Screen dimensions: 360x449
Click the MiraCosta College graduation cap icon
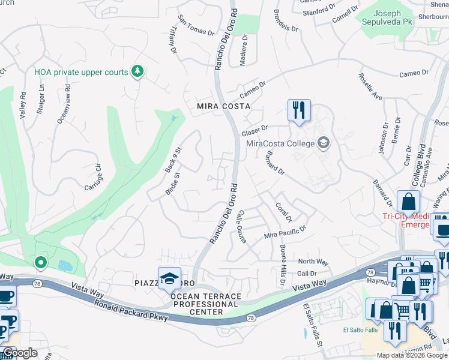[x=324, y=143]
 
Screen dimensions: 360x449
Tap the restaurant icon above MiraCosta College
[x=298, y=110]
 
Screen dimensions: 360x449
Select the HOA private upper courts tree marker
[x=138, y=72]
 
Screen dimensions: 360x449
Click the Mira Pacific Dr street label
[x=285, y=232]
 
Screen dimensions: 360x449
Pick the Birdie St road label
[x=172, y=184]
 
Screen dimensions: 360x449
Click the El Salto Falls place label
[x=361, y=329]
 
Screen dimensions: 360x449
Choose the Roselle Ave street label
[x=370, y=87]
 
